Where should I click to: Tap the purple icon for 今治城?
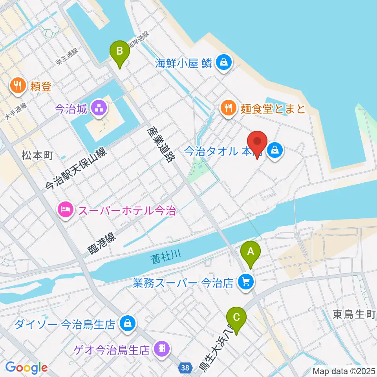[99, 108]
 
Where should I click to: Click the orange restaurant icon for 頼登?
[18, 85]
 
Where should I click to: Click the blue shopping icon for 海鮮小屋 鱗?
[223, 62]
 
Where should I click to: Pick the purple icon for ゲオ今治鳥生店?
[161, 348]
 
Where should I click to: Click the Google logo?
[26, 368]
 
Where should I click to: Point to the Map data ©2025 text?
[343, 371]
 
